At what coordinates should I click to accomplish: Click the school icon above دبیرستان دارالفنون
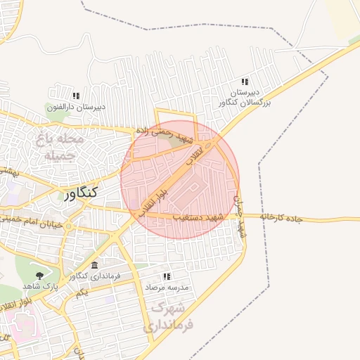[x=76, y=96]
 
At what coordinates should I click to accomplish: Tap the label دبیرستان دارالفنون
[x=77, y=107]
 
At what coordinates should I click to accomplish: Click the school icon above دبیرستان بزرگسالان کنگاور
[x=245, y=82]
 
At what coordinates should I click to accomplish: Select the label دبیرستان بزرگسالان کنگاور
[x=246, y=98]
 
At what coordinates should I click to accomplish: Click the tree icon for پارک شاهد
[x=38, y=276]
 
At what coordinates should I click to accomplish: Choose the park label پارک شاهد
[x=38, y=286]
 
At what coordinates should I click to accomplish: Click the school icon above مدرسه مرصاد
[x=167, y=277]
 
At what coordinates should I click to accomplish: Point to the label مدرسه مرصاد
[x=167, y=288]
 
